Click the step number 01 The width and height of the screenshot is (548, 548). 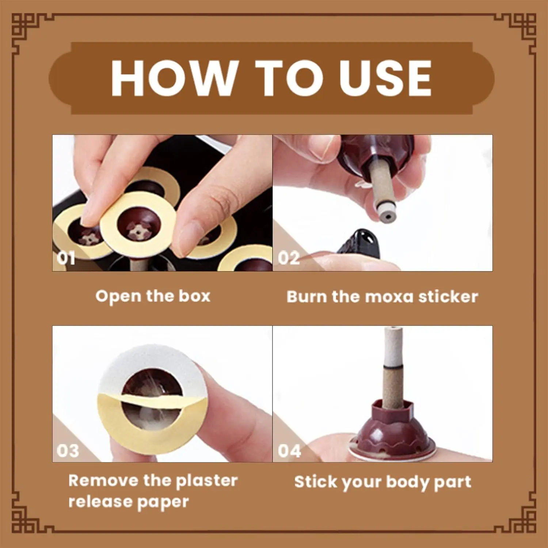point(66,258)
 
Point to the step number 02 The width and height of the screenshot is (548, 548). point(289,258)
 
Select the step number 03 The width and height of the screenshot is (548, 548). point(68,450)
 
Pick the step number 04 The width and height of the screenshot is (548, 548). point(289,450)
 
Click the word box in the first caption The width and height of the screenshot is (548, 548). point(194,296)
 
